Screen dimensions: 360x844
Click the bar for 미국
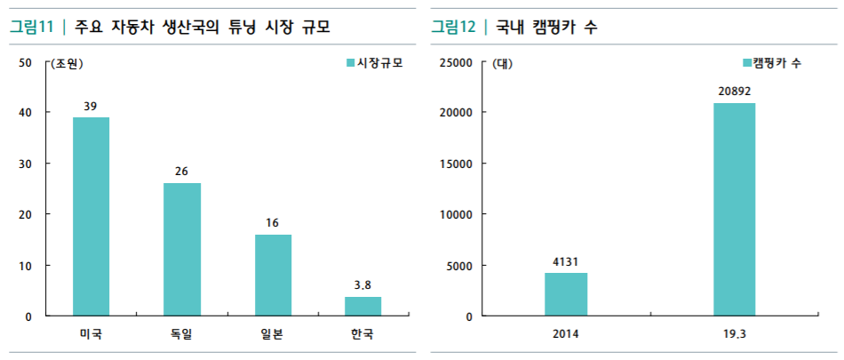[x=91, y=216]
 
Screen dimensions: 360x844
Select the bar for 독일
[x=181, y=249]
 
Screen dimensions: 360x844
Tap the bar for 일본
[x=273, y=275]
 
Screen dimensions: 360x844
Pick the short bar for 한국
[x=362, y=306]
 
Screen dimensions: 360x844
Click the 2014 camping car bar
[x=566, y=294]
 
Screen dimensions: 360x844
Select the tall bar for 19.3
[x=734, y=209]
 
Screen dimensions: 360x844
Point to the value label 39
[x=91, y=107]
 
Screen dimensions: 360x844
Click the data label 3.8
[x=362, y=285]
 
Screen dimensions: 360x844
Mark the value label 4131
[x=566, y=261]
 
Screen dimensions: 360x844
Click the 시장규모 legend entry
[x=367, y=63]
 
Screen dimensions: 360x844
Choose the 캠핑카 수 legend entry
[x=771, y=63]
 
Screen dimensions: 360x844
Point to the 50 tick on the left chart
[x=25, y=62]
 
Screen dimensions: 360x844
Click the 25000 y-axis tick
[x=458, y=62]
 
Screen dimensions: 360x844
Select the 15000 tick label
[x=458, y=164]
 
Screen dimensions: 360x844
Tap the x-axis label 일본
[x=273, y=335]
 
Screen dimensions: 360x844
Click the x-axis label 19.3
[x=734, y=335]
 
